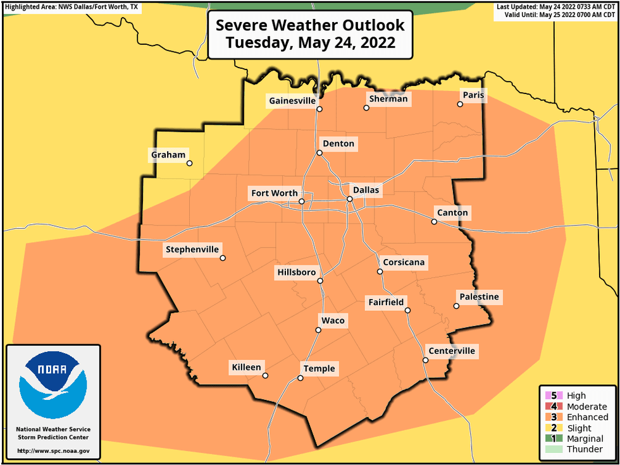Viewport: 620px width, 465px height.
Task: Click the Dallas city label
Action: tap(366, 190)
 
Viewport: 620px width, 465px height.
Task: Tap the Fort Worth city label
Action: tap(274, 193)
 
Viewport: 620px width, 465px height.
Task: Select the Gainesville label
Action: tap(292, 100)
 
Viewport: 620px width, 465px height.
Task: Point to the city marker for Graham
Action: tap(189, 163)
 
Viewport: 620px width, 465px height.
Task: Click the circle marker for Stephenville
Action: tap(223, 258)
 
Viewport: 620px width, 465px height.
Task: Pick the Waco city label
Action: tap(333, 320)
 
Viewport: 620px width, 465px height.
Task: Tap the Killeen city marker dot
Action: tap(265, 375)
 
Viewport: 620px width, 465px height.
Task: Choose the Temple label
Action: tap(319, 369)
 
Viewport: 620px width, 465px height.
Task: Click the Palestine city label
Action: tap(479, 297)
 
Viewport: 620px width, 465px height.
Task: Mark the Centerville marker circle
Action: tap(426, 361)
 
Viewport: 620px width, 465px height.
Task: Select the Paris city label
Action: tap(473, 95)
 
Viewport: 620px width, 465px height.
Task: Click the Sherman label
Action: tap(388, 99)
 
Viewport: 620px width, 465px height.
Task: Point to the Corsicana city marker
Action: tap(380, 272)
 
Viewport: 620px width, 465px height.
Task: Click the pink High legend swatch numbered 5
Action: tap(549, 396)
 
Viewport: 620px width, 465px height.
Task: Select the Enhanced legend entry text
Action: tap(587, 417)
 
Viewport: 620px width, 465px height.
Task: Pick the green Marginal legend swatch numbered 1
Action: tap(549, 438)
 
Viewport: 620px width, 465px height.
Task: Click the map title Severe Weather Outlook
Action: tap(310, 26)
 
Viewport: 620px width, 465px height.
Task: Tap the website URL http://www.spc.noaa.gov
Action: tap(53, 452)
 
